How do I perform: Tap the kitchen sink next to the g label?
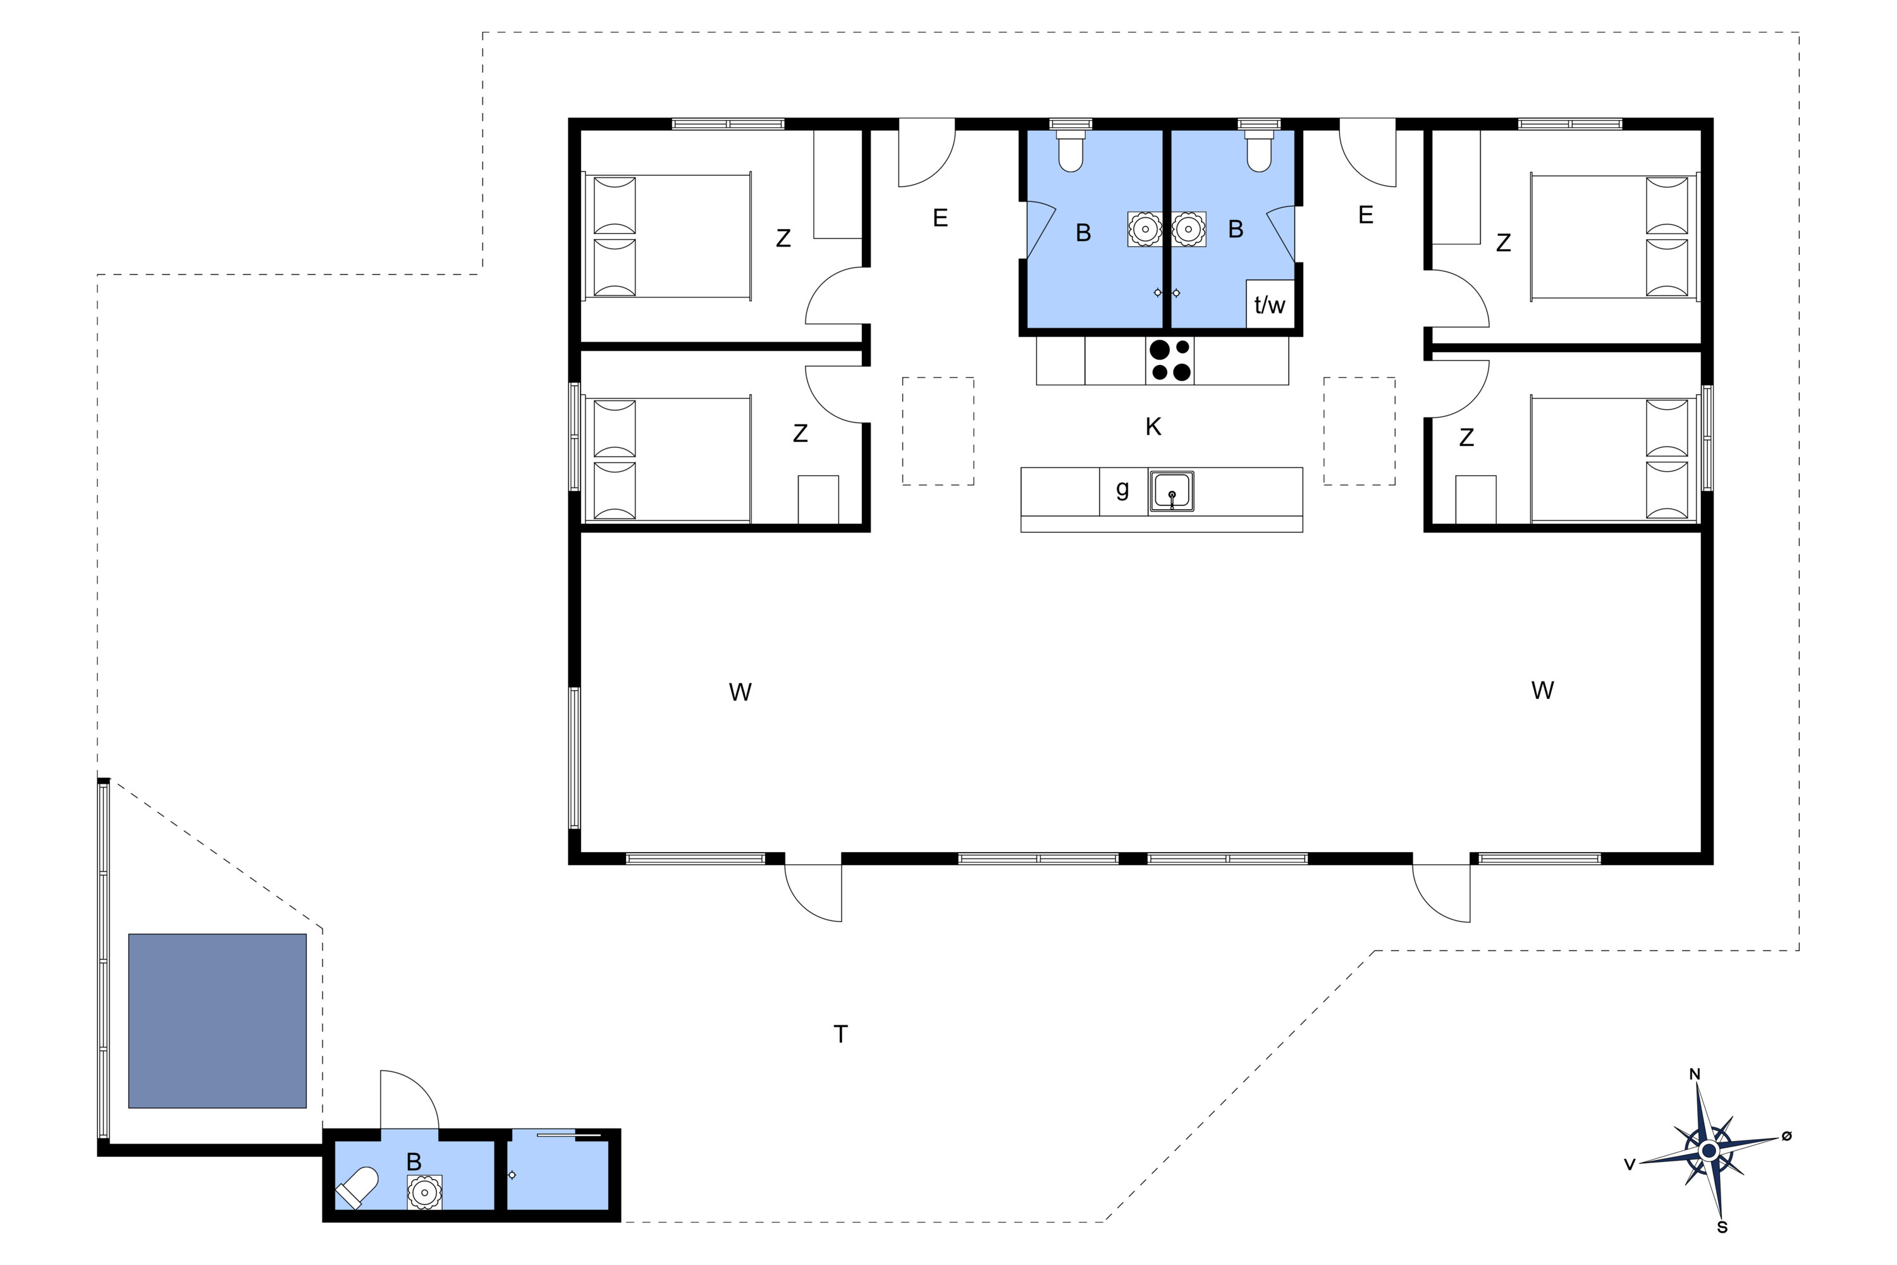coord(1171,492)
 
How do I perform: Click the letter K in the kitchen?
coord(1153,427)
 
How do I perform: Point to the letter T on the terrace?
coord(840,1034)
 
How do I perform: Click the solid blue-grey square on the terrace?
coord(217,1021)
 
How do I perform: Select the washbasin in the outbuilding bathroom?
coord(424,1192)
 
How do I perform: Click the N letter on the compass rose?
coord(1695,1075)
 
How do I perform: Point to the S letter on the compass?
coord(1722,1228)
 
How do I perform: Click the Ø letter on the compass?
coord(1786,1136)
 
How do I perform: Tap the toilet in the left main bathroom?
coord(1071,151)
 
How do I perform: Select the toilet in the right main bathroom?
coord(1259,151)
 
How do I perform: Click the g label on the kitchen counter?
coord(1122,489)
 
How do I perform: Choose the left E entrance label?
coord(940,218)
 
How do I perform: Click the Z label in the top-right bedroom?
coord(1504,243)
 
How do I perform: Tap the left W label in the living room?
coord(740,692)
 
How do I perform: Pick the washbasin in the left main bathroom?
coord(1145,229)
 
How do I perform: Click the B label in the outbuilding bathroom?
coord(414,1162)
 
